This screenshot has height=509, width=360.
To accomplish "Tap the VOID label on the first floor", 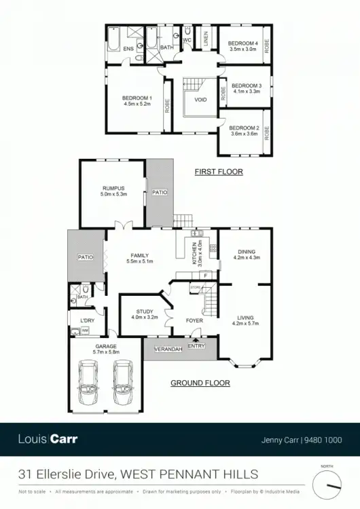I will point(200,100).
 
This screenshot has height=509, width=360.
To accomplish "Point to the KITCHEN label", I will point(194,248).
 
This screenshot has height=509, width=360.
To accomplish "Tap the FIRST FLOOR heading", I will point(219,172).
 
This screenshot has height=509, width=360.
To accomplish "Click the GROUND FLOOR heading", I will point(200,383).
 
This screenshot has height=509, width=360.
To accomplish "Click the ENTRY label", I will point(196,346).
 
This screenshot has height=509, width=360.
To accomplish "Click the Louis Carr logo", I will point(48,439).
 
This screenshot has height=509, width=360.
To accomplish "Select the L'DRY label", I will point(87,320).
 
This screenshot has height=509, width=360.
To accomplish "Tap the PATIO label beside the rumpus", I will point(160,193).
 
